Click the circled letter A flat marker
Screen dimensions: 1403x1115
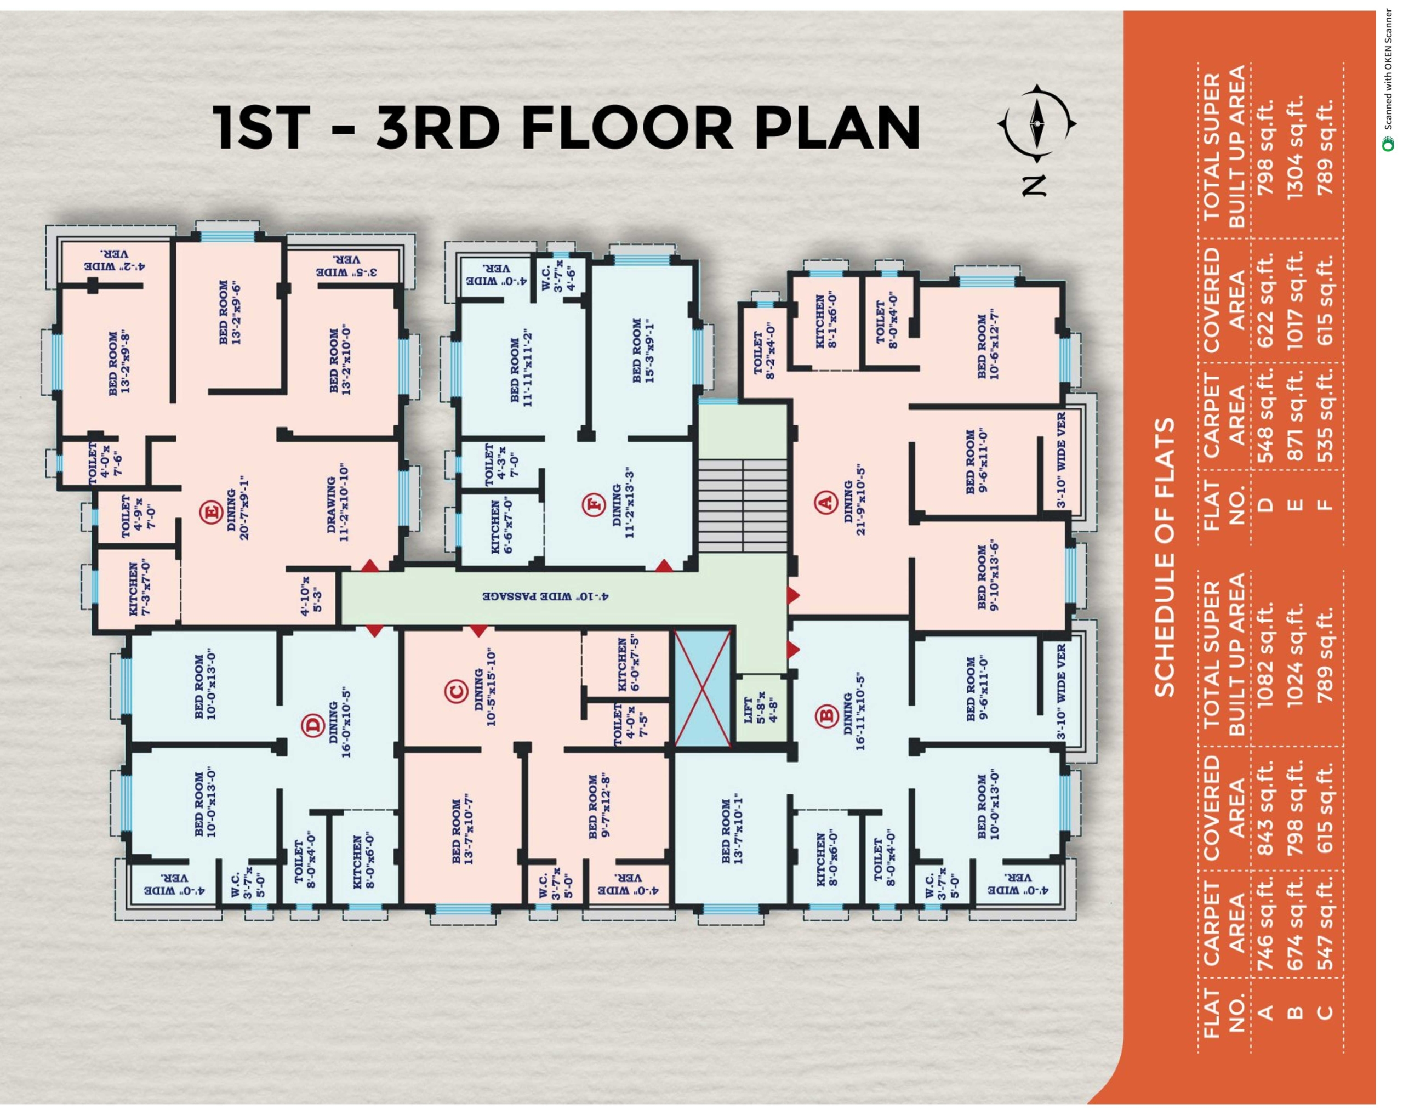point(826,503)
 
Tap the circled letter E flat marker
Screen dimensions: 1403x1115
point(211,511)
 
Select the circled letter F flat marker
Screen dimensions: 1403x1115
point(593,504)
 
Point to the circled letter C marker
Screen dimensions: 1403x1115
point(456,692)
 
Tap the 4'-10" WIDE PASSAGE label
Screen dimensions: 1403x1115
point(545,595)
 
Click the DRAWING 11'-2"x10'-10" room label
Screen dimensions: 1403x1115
point(338,503)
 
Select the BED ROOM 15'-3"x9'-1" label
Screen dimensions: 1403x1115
point(642,350)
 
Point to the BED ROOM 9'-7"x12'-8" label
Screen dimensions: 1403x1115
point(598,806)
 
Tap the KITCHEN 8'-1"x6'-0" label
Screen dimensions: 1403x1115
point(826,321)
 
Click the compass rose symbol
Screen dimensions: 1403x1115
point(1037,122)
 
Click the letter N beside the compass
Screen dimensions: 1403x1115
point(1034,185)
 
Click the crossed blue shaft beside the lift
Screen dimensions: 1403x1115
point(703,688)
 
